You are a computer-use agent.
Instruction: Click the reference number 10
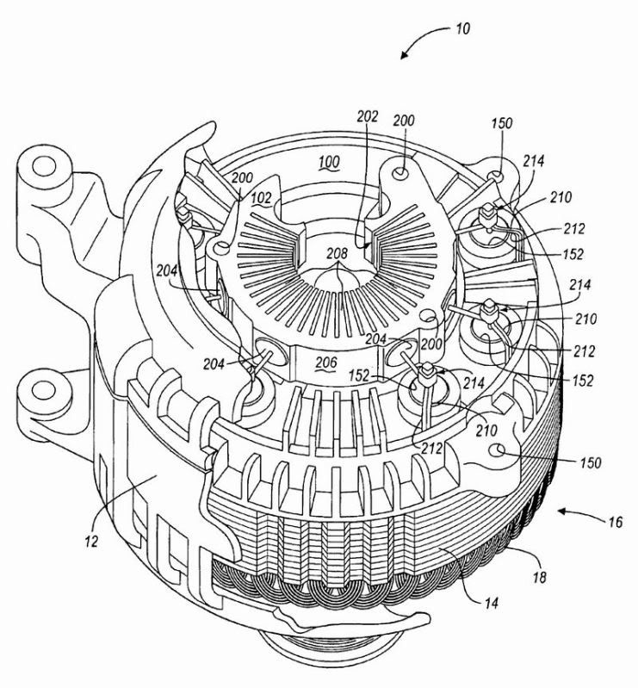[462, 29]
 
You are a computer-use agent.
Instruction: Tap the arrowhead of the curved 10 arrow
[404, 55]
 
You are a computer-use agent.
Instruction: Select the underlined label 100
[329, 163]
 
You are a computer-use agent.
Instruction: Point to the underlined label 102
[262, 198]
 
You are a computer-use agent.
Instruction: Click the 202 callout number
[368, 116]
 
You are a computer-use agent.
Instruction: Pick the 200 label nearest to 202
[404, 121]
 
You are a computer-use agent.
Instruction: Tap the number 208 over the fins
[337, 253]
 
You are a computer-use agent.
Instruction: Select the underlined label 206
[326, 363]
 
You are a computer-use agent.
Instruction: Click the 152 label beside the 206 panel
[359, 375]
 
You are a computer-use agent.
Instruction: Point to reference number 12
[91, 542]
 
